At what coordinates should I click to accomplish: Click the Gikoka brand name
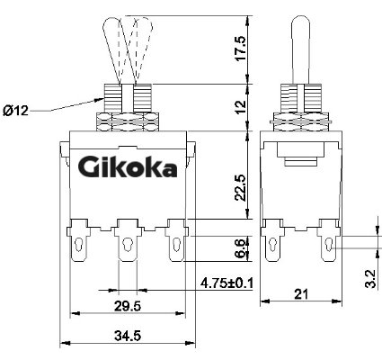[127, 167]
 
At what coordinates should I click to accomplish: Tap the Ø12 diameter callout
[15, 111]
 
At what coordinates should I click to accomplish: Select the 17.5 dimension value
[241, 49]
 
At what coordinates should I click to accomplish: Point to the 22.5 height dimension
[241, 188]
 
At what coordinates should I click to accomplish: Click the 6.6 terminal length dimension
[242, 248]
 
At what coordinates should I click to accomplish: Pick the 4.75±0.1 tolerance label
[227, 283]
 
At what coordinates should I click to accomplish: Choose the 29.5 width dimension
[128, 306]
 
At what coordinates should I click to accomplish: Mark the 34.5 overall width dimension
[128, 336]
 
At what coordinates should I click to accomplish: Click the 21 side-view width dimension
[301, 294]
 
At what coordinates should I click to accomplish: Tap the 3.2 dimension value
[370, 279]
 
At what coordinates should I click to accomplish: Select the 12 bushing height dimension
[241, 106]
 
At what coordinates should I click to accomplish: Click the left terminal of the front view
[78, 240]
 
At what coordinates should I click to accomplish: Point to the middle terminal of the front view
[129, 240]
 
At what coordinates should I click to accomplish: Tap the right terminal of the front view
[177, 240]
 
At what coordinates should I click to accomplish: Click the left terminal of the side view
[272, 240]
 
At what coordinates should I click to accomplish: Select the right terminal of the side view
[329, 240]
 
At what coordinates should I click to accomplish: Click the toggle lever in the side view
[301, 49]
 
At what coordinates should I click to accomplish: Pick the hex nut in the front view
[128, 121]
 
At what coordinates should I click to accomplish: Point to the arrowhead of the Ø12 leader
[100, 100]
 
